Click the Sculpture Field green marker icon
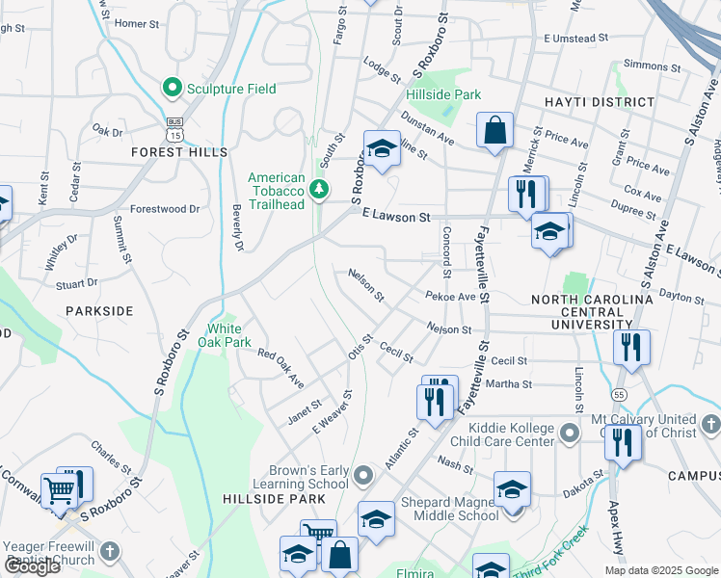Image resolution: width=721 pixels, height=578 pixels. (x=174, y=89)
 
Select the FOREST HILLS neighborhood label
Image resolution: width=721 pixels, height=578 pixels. (x=180, y=152)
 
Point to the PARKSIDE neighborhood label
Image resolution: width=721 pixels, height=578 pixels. (x=99, y=311)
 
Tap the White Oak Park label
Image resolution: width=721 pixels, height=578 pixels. (x=224, y=335)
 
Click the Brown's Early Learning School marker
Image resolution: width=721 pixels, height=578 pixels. (x=363, y=475)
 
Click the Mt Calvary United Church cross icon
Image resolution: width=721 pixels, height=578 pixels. (x=710, y=424)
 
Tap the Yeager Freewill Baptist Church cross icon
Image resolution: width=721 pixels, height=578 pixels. (x=109, y=551)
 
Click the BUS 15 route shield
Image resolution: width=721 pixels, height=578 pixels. (x=174, y=127)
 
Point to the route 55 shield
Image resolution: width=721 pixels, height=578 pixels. (x=619, y=395)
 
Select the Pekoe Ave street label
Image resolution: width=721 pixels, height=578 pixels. (x=450, y=297)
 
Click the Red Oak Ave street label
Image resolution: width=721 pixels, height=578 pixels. (x=280, y=365)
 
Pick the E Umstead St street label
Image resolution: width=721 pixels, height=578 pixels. (x=575, y=38)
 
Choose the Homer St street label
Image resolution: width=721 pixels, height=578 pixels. (x=135, y=22)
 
